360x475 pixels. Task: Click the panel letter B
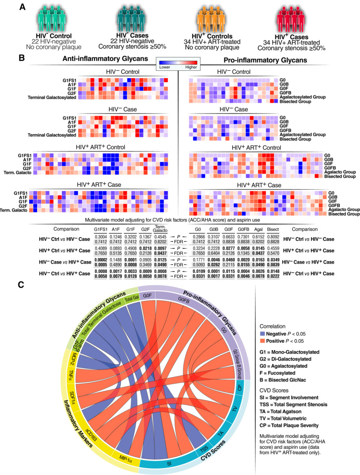tap(22, 58)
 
